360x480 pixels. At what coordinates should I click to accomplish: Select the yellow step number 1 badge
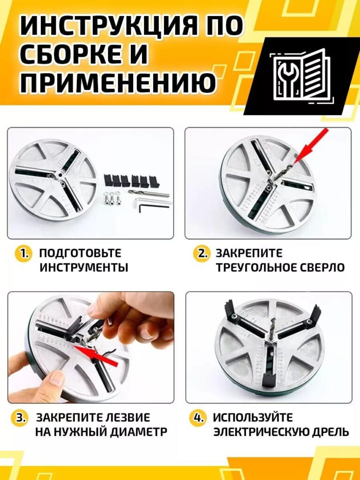[22, 254]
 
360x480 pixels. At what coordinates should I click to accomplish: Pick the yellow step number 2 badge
[202, 254]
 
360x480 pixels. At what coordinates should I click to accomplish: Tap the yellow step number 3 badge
[19, 418]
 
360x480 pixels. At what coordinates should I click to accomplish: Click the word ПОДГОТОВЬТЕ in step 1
[81, 254]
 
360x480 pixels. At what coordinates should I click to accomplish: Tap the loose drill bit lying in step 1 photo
[149, 193]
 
